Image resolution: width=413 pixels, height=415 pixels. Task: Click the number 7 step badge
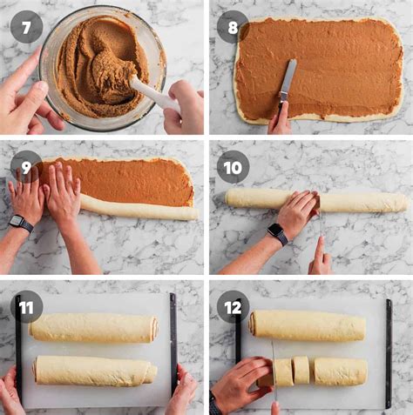pos(26,27)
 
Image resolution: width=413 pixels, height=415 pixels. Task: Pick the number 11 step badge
pos(26,306)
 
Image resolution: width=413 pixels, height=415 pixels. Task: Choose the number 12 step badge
pos(233,306)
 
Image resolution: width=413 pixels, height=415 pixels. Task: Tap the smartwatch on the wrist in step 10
pos(277,233)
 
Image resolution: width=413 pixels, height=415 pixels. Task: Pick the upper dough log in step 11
pos(94,327)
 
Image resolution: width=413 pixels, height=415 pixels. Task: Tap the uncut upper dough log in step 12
pos(307,325)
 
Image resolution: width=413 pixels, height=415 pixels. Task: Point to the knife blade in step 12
pos(274,365)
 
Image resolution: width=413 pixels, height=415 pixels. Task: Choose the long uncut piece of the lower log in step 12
pos(339,371)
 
